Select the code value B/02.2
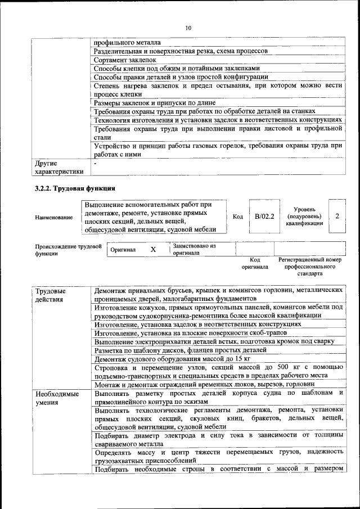(264, 216)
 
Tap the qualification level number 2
(337, 216)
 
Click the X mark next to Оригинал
(153, 249)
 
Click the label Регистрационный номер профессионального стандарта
(310, 267)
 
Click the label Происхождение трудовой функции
(68, 250)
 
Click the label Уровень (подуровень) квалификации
(304, 216)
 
